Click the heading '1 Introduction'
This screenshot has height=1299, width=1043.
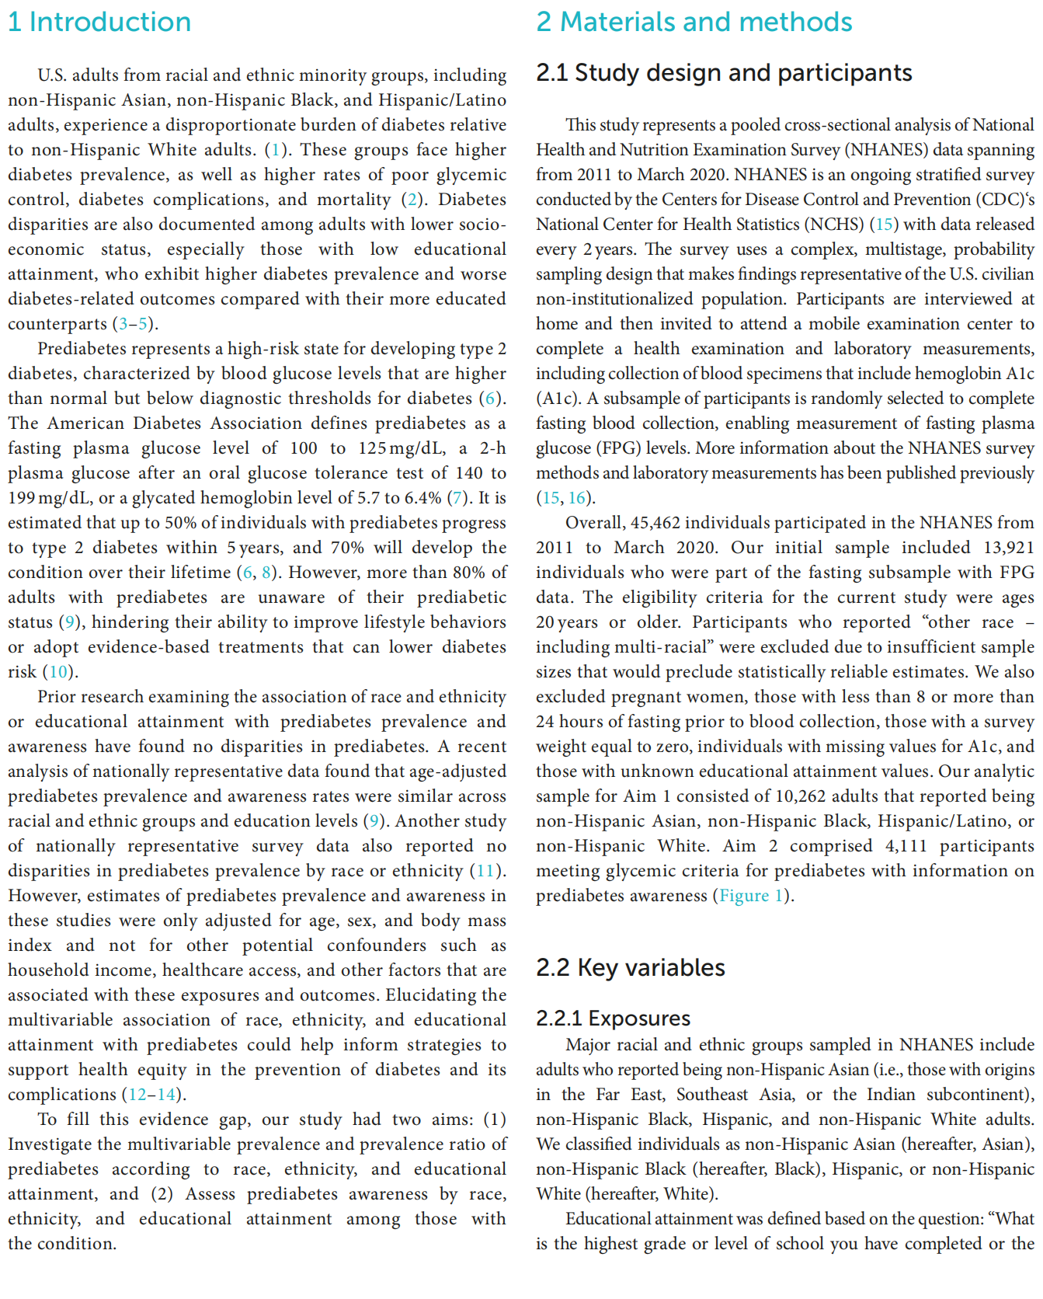[x=99, y=22]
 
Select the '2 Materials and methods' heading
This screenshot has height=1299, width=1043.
[x=694, y=22]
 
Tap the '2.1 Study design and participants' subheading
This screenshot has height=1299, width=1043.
[x=724, y=73]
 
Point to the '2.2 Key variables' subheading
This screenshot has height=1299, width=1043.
[x=630, y=968]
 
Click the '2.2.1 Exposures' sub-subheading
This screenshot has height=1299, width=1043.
[x=613, y=1019]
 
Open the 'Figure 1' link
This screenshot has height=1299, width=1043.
[x=751, y=896]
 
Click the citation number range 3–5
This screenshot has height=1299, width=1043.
[x=134, y=324]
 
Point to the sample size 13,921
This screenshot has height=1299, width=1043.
[x=1008, y=548]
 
